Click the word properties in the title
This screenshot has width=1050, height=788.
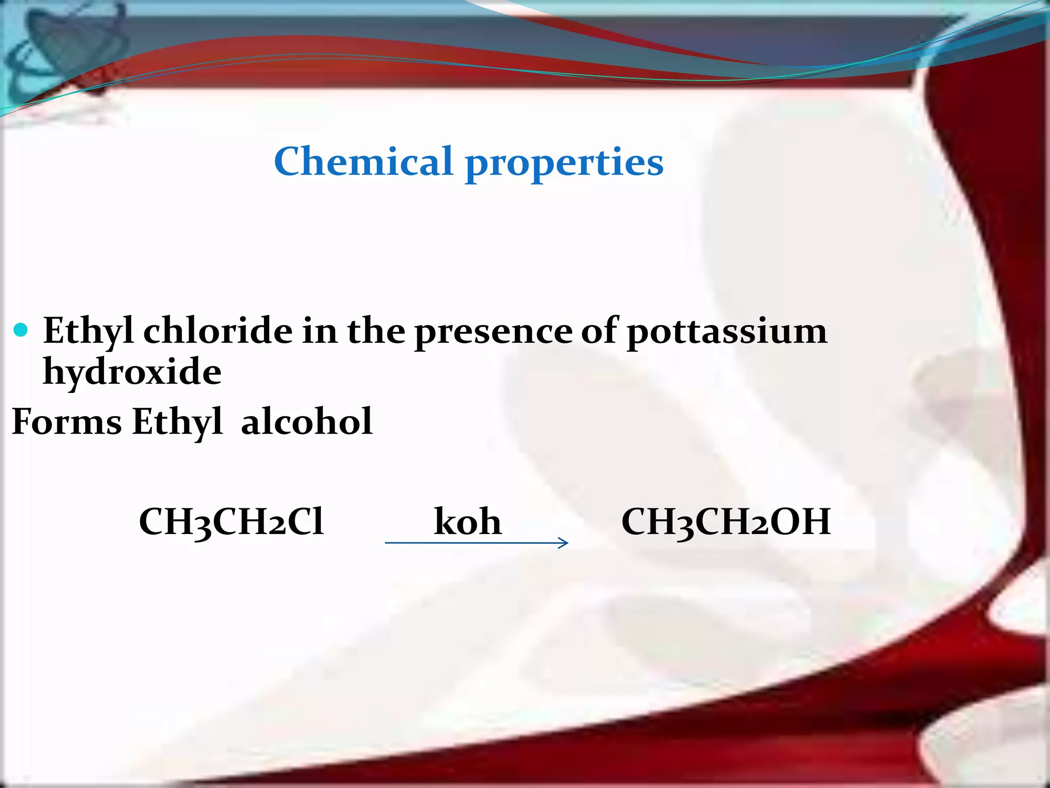coord(564,163)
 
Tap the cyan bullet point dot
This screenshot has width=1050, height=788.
coord(21,330)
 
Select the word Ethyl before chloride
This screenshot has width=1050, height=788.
coord(88,331)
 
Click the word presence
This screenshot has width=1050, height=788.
coord(493,332)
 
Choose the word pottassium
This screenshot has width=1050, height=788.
coord(727,332)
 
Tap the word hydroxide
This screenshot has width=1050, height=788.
coord(132,372)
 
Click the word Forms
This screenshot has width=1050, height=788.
coord(67,421)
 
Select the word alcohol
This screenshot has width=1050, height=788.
coord(307,421)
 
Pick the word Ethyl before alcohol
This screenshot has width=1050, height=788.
coord(177,422)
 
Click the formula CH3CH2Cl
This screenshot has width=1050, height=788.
coord(231,522)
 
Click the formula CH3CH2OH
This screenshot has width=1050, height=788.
coord(726,522)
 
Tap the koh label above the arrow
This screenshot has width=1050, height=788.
coord(467,522)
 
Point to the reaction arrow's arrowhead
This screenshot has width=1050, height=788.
coord(563,543)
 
